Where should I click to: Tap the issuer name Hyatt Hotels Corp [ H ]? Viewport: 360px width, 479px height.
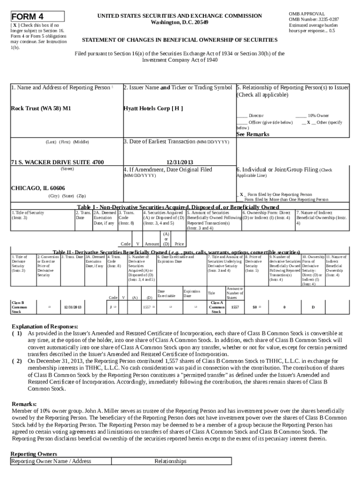(x=153, y=109)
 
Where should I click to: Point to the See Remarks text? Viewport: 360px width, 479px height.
(x=252, y=134)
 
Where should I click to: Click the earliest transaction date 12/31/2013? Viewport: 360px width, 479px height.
(x=180, y=162)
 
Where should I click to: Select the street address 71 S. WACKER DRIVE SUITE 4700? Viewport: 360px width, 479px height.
(x=57, y=162)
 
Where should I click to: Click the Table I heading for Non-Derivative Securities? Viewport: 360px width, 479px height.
(x=178, y=207)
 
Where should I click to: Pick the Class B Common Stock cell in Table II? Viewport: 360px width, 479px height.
(x=20, y=307)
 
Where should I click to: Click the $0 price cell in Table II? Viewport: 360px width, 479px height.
(x=255, y=307)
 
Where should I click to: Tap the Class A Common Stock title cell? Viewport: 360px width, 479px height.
(x=216, y=307)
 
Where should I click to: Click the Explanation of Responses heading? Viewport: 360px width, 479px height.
(x=44, y=326)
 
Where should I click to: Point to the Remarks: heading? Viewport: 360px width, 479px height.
(x=23, y=404)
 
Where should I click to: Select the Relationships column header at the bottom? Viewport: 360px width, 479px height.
(x=170, y=461)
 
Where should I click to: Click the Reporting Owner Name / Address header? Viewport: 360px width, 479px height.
(x=51, y=461)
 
